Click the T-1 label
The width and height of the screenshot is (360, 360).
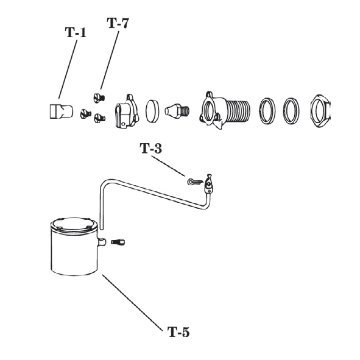[76, 32]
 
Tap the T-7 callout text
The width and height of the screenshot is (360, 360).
[118, 23]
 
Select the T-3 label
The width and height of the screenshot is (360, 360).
[151, 148]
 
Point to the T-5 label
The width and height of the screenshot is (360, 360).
[178, 332]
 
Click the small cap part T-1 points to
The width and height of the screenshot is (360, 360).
[62, 111]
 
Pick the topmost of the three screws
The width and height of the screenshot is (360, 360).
[99, 98]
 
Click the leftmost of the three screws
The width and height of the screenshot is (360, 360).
[86, 113]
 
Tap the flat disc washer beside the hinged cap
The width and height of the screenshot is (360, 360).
[152, 111]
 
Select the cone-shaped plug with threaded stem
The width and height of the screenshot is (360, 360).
[177, 110]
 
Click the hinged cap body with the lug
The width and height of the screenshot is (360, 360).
[127, 111]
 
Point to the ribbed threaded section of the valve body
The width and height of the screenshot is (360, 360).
[238, 111]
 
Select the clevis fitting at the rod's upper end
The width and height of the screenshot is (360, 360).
[208, 184]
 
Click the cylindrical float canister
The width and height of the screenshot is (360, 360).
[74, 247]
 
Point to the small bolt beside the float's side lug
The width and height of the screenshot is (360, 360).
[118, 242]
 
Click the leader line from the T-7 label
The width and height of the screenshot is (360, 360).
[110, 60]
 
